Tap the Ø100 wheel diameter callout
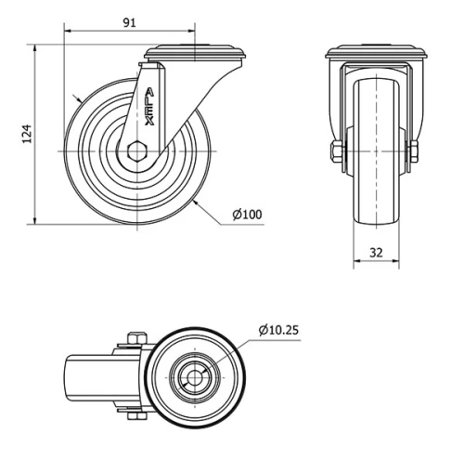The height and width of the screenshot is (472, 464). (248, 215)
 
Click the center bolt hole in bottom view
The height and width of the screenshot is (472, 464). (196, 376)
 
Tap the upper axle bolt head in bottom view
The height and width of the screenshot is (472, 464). (134, 339)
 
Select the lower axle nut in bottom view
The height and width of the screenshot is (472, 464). (134, 415)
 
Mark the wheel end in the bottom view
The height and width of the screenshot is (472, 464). (74, 376)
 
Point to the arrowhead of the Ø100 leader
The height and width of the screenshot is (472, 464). (199, 200)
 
